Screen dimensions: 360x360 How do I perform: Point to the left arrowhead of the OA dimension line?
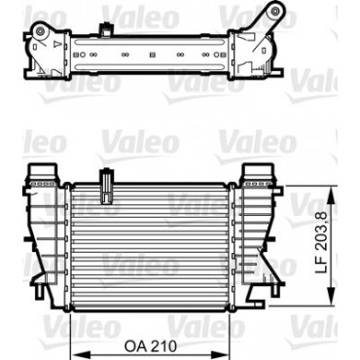[x=76, y=354]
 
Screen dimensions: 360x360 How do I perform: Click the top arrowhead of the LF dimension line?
[x=332, y=192]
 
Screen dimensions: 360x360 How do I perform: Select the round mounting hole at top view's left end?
[x=40, y=31]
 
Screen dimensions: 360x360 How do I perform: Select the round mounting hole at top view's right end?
[x=274, y=10]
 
